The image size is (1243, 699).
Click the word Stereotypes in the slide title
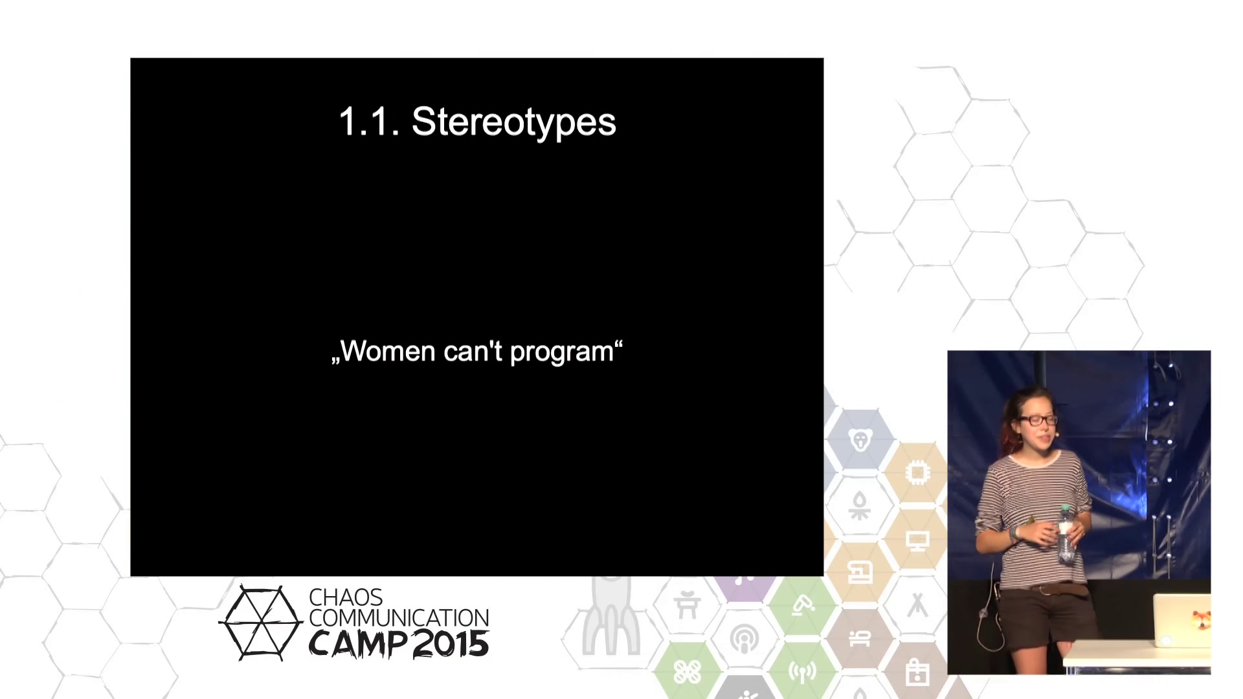(513, 122)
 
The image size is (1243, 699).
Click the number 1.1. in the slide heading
(370, 122)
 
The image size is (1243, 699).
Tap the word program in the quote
(561, 353)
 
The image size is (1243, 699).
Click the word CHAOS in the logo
(346, 597)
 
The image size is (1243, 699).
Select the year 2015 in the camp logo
(451, 644)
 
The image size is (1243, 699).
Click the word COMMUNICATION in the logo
(399, 618)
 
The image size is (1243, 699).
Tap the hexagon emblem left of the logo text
(261, 623)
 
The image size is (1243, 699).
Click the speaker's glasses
(1038, 420)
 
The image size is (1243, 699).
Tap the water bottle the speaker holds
(1066, 535)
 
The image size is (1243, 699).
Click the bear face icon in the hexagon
(860, 441)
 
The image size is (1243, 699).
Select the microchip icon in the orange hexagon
(917, 473)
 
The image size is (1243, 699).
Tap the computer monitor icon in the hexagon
(917, 540)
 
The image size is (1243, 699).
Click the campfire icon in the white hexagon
(860, 507)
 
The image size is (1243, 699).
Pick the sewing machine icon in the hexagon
(860, 573)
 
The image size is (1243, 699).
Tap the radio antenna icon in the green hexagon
(802, 672)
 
